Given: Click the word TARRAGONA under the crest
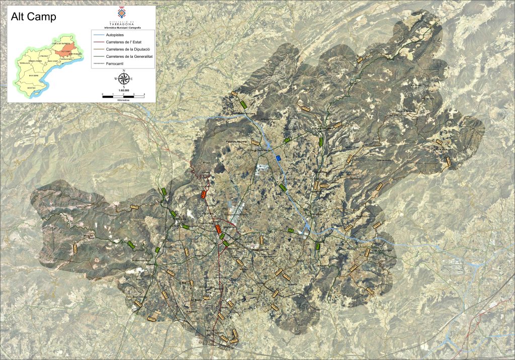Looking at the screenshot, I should coord(123,23).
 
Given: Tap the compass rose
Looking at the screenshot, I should coord(123,79).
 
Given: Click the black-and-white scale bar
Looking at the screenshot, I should coord(123,96).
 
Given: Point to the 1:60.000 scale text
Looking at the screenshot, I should coord(123,91).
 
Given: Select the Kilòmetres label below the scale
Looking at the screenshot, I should coord(123,100).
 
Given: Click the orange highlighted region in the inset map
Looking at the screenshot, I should coord(64,50).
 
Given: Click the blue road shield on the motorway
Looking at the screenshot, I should coord(279,158).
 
